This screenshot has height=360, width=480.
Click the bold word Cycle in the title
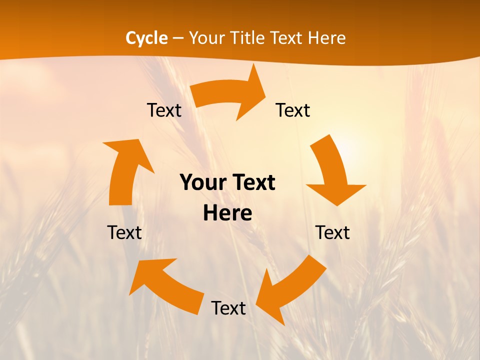pos(146,38)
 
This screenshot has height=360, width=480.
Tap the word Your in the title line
pos(206,38)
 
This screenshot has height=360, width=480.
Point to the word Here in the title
pos(326,38)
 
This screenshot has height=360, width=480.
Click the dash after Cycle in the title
pos(177,38)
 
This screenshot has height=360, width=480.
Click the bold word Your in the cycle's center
pos(203,183)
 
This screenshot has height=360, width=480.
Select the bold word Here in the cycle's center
pos(227,213)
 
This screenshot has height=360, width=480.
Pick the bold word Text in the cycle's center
pos(251,183)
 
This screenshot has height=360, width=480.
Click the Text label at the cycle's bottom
pos(228,308)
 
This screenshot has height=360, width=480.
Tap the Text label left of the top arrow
pos(164,110)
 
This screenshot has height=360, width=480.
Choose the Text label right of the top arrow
pos(293,110)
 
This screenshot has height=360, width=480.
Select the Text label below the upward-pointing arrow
pos(124,232)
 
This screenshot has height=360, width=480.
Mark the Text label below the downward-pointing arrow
pos(332,232)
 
